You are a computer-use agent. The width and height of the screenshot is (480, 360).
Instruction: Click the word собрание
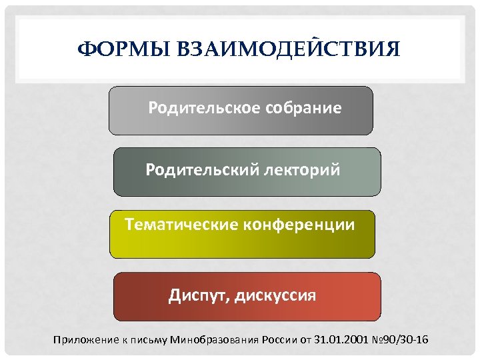click(x=304, y=107)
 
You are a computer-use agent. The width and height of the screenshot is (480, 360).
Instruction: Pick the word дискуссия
click(x=277, y=295)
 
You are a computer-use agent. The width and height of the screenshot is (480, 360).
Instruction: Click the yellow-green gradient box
click(x=242, y=243)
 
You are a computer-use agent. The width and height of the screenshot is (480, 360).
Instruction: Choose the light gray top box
click(x=241, y=123)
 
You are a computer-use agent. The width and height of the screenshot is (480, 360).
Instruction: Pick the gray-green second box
click(x=247, y=185)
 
